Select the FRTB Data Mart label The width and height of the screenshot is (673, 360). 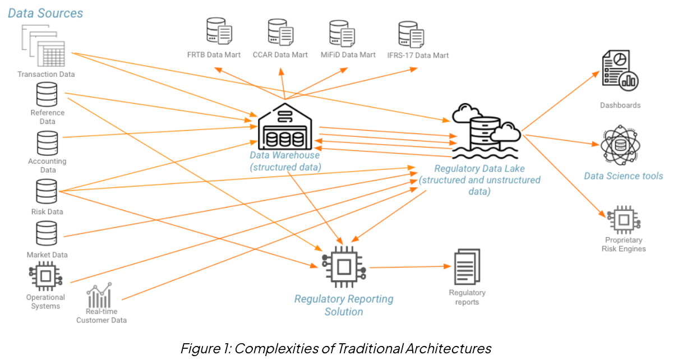214,55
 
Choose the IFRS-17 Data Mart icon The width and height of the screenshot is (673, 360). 411,35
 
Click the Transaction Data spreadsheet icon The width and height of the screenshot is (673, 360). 45,49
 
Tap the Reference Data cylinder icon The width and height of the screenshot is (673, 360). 47,94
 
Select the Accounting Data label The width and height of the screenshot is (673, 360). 47,165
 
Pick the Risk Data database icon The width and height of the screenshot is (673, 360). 47,192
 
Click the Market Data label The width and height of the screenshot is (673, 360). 47,255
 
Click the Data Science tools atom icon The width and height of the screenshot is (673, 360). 620,146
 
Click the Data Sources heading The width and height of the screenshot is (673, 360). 45,13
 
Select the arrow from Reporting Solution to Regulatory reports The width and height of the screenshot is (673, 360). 409,267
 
